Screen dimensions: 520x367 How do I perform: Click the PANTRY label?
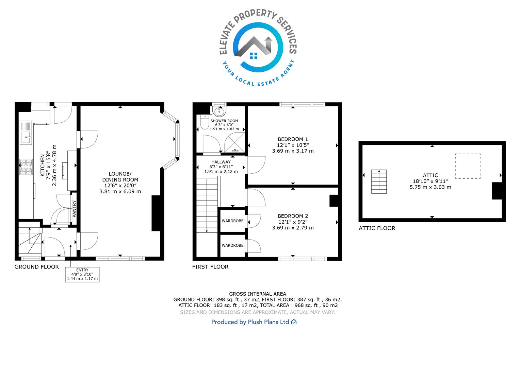[x=74, y=209]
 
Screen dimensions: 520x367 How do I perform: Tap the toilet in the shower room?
[x=205, y=122]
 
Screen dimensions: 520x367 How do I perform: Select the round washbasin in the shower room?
[x=219, y=111]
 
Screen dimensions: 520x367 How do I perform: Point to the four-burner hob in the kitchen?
[x=26, y=167]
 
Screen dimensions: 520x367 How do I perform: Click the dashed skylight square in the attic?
[x=468, y=166]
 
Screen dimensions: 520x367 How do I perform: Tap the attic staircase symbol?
[x=379, y=181]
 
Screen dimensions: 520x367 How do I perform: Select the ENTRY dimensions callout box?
[x=82, y=275]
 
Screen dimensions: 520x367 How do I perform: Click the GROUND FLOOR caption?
[x=37, y=267]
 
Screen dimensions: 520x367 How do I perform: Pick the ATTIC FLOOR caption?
[x=377, y=228]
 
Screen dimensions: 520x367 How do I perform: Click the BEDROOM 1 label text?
[x=293, y=139]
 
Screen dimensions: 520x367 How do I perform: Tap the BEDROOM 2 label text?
[x=293, y=216]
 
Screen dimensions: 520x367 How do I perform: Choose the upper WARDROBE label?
[x=233, y=221]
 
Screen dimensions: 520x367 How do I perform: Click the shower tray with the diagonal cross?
[x=235, y=143]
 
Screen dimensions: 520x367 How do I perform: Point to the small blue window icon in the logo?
[x=254, y=56]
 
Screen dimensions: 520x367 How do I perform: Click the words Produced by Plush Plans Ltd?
[x=250, y=322]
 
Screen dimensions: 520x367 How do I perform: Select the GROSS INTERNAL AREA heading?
[x=257, y=294]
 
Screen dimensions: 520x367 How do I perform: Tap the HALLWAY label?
[x=221, y=162]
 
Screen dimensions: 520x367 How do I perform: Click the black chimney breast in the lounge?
[x=156, y=213]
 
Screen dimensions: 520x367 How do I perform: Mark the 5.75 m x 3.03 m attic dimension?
[x=430, y=187]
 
